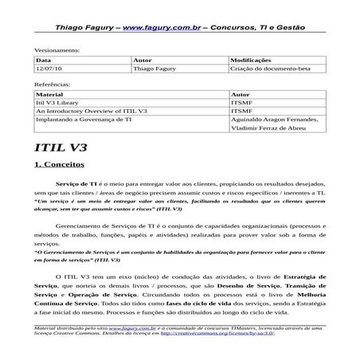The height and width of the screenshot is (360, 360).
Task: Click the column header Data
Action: tap(44, 60)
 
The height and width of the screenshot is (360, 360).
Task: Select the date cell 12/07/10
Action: tap(50, 69)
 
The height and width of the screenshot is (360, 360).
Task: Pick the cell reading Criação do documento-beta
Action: tap(269, 69)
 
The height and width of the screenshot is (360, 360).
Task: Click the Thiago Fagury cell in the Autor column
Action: tap(158, 69)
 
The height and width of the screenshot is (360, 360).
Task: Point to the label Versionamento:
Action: tap(57, 49)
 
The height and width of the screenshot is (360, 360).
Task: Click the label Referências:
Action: tap(53, 83)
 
